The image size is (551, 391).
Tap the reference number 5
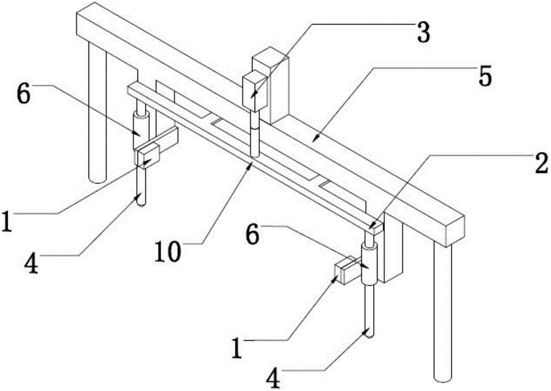[484, 78]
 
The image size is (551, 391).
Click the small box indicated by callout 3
[255, 89]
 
